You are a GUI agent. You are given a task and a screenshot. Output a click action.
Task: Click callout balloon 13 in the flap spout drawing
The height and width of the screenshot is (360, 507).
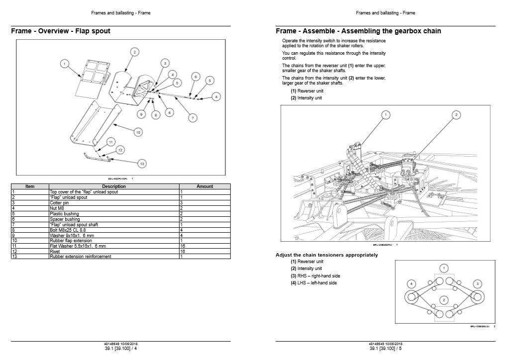142,163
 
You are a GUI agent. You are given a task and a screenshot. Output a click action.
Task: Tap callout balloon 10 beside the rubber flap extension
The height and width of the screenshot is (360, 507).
138,132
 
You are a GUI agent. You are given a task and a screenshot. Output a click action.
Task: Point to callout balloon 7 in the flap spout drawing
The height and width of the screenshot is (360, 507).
193,117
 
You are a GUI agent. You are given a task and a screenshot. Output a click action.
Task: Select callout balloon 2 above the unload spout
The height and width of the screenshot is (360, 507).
134,52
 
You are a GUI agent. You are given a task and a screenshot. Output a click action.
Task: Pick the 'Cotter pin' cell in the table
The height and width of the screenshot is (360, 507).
114,203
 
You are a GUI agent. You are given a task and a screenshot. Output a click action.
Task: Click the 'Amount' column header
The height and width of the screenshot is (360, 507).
204,186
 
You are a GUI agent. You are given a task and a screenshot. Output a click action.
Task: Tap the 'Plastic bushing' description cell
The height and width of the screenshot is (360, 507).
114,214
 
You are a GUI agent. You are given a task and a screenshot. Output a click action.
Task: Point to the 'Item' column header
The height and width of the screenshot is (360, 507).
30,186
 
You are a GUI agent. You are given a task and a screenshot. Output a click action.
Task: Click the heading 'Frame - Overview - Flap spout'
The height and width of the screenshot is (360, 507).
61,31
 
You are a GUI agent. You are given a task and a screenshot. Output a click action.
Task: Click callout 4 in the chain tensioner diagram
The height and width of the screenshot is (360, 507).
411,283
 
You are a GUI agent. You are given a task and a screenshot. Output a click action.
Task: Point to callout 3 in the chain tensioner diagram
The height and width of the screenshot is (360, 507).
477,283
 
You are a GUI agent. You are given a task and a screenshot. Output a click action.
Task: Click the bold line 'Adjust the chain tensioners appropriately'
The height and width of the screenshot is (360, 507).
326,255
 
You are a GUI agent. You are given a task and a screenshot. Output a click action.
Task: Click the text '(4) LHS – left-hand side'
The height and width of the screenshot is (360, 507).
313,283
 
